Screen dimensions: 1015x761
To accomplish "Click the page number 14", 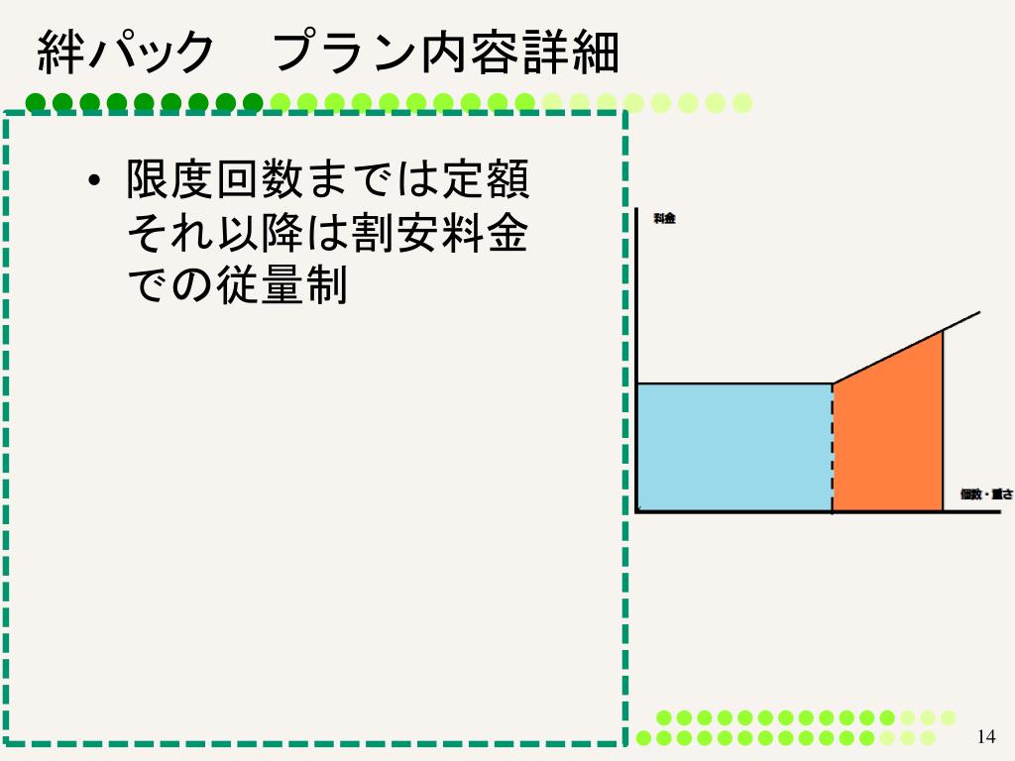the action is click(985, 736).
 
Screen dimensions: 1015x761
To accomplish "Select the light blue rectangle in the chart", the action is click(733, 447).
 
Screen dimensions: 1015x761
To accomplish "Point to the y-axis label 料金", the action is click(664, 219).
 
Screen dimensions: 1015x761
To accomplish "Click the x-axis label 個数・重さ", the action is click(986, 493).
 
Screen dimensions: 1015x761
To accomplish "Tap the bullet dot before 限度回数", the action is click(94, 182).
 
